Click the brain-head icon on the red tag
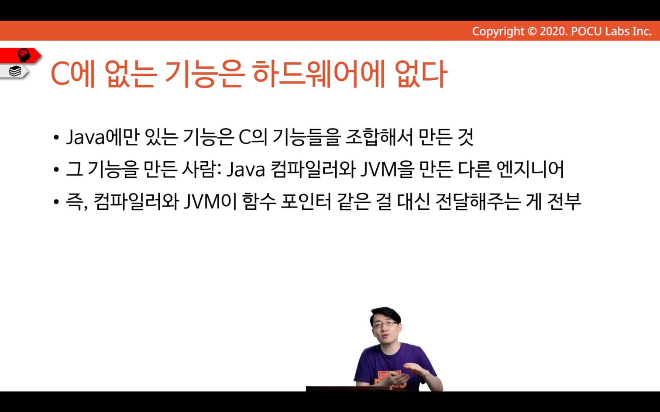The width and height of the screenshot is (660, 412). [24, 55]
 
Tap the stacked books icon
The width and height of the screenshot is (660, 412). [15, 71]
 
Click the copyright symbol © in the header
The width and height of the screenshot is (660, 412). [532, 31]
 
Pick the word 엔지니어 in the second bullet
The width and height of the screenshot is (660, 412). [530, 169]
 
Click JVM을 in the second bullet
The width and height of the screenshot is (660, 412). [388, 169]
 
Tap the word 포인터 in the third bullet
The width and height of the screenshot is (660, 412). [306, 201]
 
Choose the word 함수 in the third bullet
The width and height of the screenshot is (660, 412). [260, 201]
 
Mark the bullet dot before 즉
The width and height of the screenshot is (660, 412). [56, 202]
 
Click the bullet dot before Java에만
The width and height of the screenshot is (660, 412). [56, 137]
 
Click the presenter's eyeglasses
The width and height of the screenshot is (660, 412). [385, 325]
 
